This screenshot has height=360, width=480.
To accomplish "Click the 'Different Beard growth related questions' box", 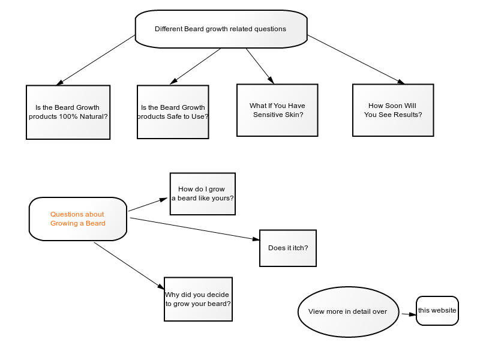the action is [x=221, y=29].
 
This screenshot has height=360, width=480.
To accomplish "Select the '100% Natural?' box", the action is [x=68, y=112].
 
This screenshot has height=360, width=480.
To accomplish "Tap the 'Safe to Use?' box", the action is [x=173, y=112].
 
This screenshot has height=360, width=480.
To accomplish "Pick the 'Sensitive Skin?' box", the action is [x=277, y=110].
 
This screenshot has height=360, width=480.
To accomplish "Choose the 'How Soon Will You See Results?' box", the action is [x=393, y=110].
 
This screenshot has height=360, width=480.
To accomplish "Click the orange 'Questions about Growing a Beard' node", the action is [x=78, y=219].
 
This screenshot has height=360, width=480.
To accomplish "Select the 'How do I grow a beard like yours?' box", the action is [x=203, y=194].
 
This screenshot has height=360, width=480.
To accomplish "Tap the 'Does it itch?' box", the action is [x=288, y=248].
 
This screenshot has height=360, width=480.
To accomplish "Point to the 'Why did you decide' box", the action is [x=199, y=299].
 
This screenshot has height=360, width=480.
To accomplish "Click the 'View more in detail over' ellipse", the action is [x=348, y=312].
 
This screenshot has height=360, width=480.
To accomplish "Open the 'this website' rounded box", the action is [x=437, y=310].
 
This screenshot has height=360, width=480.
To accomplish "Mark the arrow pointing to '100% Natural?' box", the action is [x=95, y=60].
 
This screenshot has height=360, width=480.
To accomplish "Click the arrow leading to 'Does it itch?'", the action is [x=194, y=229].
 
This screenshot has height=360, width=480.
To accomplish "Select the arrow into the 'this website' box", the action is [x=409, y=314].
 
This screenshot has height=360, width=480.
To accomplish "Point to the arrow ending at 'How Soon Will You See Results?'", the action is [x=356, y=59].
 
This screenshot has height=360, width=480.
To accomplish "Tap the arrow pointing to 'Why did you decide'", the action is [x=129, y=266].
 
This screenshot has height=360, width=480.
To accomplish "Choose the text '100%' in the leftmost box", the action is [x=68, y=116].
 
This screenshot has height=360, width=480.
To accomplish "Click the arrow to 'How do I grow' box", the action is [x=148, y=205].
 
